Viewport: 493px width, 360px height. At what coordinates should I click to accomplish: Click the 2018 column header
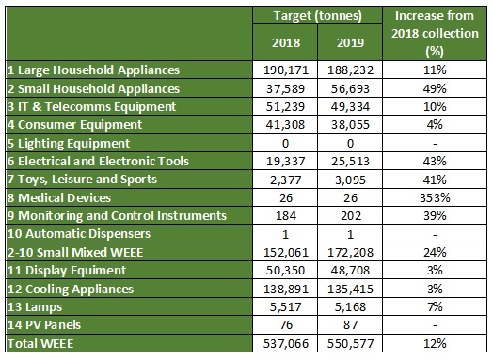(x=286, y=42)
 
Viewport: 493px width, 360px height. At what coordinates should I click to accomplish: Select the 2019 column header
(x=351, y=42)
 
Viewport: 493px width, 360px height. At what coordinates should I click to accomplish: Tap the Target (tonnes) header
(x=318, y=15)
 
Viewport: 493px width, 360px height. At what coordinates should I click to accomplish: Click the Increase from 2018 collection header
(x=435, y=33)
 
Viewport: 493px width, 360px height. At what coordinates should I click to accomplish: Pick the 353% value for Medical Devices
(x=435, y=198)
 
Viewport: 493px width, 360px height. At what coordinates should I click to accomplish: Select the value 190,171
(x=286, y=70)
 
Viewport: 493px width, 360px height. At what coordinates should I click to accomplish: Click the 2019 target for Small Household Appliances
(x=350, y=89)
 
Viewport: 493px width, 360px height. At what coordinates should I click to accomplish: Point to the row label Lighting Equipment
(x=69, y=143)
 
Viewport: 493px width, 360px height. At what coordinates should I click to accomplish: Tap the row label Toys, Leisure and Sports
(x=82, y=179)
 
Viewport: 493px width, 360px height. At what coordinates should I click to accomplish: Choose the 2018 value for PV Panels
(x=286, y=325)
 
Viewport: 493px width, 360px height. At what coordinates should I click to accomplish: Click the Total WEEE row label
(x=40, y=343)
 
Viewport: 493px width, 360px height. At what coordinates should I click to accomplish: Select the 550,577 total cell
(x=350, y=343)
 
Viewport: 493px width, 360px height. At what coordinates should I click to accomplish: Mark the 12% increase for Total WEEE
(x=435, y=343)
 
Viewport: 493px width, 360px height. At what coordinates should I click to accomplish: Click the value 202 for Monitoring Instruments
(x=351, y=216)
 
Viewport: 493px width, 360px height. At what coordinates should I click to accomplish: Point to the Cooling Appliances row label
(x=71, y=289)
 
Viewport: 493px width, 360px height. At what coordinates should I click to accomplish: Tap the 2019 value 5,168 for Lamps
(x=350, y=307)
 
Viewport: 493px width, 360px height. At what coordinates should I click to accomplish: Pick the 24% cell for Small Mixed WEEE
(x=435, y=252)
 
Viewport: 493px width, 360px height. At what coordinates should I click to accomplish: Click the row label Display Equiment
(x=67, y=271)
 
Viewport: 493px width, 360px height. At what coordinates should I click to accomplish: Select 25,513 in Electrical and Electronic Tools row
(x=350, y=162)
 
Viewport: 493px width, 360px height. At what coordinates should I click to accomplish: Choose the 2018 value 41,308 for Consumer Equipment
(x=286, y=125)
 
